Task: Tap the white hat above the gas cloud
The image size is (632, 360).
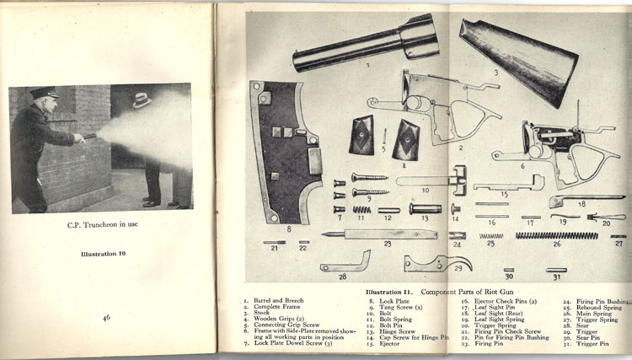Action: pos(141,100)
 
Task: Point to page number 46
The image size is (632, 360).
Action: pos(107,318)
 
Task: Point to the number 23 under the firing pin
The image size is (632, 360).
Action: pos(387,244)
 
